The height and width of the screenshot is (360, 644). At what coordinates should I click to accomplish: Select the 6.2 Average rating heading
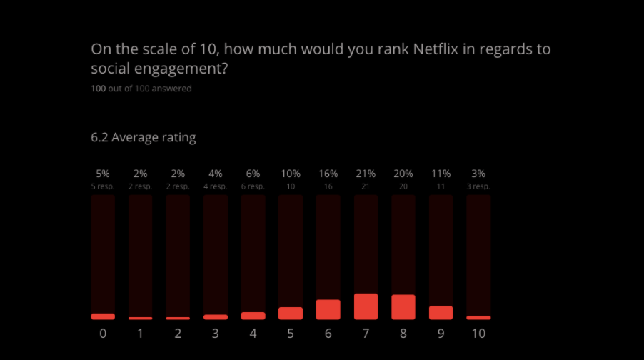pyautogui.click(x=143, y=138)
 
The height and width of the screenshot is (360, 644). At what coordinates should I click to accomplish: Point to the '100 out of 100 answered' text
pyautogui.click(x=141, y=89)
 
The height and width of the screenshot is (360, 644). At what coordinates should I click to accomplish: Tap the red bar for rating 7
pyautogui.click(x=366, y=306)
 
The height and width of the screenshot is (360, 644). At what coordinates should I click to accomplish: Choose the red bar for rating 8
pyautogui.click(x=403, y=307)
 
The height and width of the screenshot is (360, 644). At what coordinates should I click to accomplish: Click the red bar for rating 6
pyautogui.click(x=328, y=309)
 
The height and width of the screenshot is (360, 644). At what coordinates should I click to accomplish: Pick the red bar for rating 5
pyautogui.click(x=291, y=313)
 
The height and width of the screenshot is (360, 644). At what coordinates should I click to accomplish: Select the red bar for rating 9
pyautogui.click(x=441, y=312)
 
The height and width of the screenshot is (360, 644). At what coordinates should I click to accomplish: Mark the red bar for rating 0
pyautogui.click(x=103, y=316)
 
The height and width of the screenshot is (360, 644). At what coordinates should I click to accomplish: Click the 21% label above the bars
pyautogui.click(x=366, y=174)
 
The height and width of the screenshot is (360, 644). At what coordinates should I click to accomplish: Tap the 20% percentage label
pyautogui.click(x=403, y=174)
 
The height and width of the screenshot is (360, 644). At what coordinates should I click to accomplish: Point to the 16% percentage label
pyautogui.click(x=328, y=174)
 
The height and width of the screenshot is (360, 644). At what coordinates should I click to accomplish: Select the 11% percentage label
pyautogui.click(x=441, y=174)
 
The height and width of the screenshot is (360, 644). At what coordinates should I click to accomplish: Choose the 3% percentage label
pyautogui.click(x=478, y=174)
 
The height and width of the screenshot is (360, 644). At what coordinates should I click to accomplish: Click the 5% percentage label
pyautogui.click(x=103, y=174)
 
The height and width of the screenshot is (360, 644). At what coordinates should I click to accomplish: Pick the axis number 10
pyautogui.click(x=478, y=333)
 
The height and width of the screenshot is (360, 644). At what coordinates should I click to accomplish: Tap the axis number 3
pyautogui.click(x=216, y=333)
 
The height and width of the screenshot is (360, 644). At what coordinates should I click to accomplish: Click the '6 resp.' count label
pyautogui.click(x=253, y=186)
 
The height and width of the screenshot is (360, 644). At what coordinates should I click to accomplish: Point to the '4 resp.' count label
pyautogui.click(x=216, y=186)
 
